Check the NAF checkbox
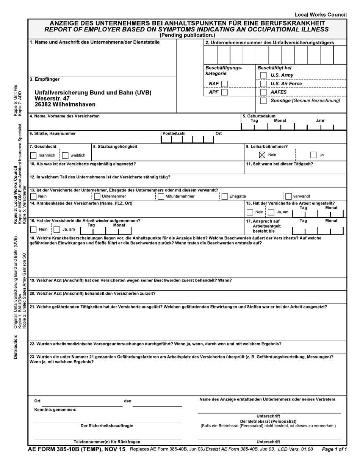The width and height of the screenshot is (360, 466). click(x=224, y=84)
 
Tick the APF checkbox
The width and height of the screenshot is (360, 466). click(x=224, y=92)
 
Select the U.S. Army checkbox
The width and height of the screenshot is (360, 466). click(x=263, y=75)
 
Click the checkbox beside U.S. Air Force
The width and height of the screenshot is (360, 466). click(x=263, y=84)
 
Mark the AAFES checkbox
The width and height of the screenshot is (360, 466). click(x=263, y=92)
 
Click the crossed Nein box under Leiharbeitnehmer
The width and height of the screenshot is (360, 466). click(x=262, y=155)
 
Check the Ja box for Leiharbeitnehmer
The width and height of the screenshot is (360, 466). click(x=313, y=155)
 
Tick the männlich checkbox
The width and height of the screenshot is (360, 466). click(x=33, y=155)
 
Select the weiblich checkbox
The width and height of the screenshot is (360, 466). click(x=65, y=155)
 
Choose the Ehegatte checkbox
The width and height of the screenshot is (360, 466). click(x=225, y=196)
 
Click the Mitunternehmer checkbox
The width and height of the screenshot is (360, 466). click(x=161, y=196)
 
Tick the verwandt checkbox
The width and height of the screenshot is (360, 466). click(x=288, y=196)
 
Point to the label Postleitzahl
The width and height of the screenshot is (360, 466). click(x=174, y=133)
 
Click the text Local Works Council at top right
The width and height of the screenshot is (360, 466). click(x=320, y=15)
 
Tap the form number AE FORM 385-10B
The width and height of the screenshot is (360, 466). click(x=63, y=449)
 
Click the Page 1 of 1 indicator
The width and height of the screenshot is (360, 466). click(x=334, y=449)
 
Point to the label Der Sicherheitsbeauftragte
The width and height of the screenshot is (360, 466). click(x=107, y=426)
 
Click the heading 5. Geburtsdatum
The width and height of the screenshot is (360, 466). click(x=259, y=116)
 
